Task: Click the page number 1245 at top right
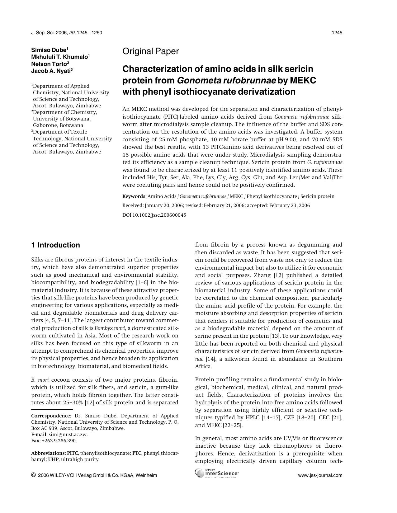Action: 337,33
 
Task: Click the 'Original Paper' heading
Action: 150,51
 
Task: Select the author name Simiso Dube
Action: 49,50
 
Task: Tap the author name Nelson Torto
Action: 49,64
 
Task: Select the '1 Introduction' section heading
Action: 55,245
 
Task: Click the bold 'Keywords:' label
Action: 134,196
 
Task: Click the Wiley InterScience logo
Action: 217,473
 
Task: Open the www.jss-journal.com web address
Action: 320,475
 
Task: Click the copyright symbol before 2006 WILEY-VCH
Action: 33,475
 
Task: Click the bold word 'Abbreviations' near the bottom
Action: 48,453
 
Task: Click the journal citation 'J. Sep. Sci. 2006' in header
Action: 49,33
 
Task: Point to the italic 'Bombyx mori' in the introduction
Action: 110,328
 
